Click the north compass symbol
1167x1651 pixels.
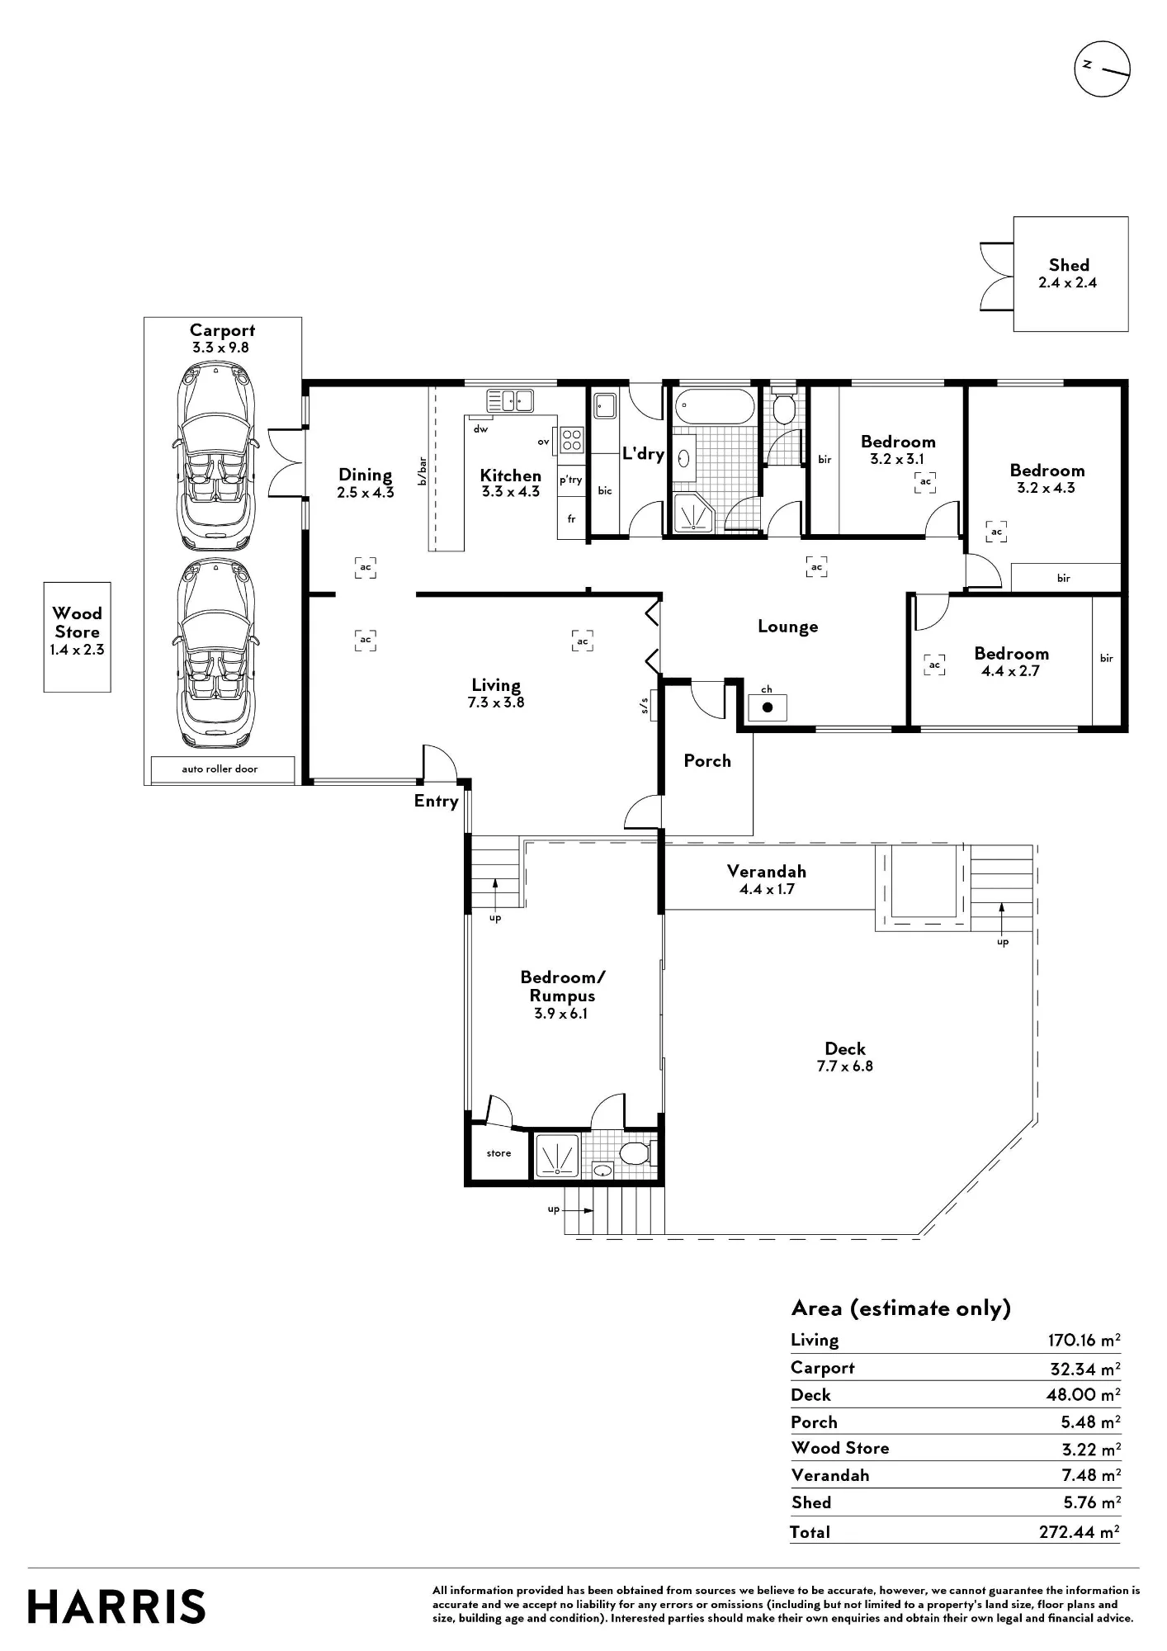pos(1102,68)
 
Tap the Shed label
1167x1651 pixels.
pos(1069,265)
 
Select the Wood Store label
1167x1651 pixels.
pos(78,622)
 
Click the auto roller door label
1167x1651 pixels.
pos(220,769)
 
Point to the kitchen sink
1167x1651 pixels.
pos(510,400)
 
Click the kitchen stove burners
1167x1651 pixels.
pos(572,440)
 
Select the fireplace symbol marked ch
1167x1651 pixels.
pos(768,707)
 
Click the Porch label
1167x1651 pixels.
pos(707,761)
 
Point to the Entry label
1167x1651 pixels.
pos(436,801)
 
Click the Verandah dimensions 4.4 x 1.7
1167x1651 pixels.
pos(767,889)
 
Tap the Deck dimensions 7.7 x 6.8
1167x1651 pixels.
pos(845,1066)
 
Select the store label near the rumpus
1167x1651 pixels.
pos(498,1153)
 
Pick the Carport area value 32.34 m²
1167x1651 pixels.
pos(1084,1368)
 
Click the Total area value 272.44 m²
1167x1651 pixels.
pos(1079,1531)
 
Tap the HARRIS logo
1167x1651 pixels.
pos(116,1606)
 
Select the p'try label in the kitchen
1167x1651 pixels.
pos(571,480)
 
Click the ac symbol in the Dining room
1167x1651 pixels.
pos(366,568)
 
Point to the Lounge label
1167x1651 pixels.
pos(788,627)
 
